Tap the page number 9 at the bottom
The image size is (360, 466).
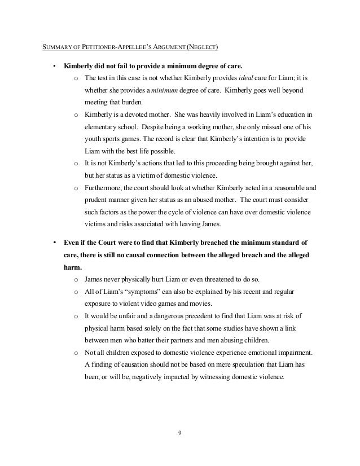pos(179,434)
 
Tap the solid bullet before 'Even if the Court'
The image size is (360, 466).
pos(54,243)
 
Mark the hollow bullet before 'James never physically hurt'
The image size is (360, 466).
pos(76,279)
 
